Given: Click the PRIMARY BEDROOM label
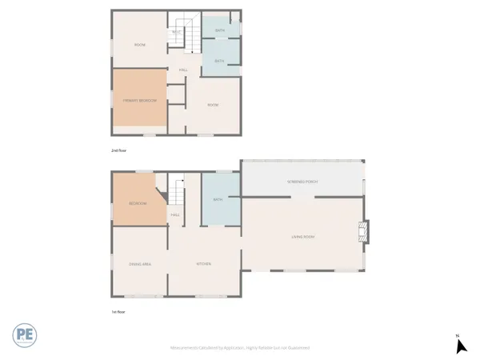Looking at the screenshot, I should coord(139,100).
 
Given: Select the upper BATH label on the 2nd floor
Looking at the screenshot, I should coord(219,30).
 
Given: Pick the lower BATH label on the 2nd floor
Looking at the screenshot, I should coord(219,60).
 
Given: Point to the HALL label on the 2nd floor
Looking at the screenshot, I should coord(183,70).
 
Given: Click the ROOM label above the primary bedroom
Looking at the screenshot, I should coord(139,44).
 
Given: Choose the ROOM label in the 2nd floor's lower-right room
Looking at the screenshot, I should coord(213,105).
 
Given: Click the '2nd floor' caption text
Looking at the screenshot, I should coord(118,150).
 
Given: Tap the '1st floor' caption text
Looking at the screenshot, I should coord(118,311).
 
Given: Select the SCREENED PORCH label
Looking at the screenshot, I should coord(302,182).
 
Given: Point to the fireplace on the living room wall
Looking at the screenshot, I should coord(365,232).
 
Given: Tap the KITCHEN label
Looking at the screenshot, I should coord(203,263).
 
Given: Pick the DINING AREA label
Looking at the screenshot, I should coord(140,263).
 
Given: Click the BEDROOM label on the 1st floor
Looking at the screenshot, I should coord(138,203).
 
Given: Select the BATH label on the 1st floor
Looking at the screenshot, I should coord(217,200).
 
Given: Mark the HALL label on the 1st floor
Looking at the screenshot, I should coord(174,214).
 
